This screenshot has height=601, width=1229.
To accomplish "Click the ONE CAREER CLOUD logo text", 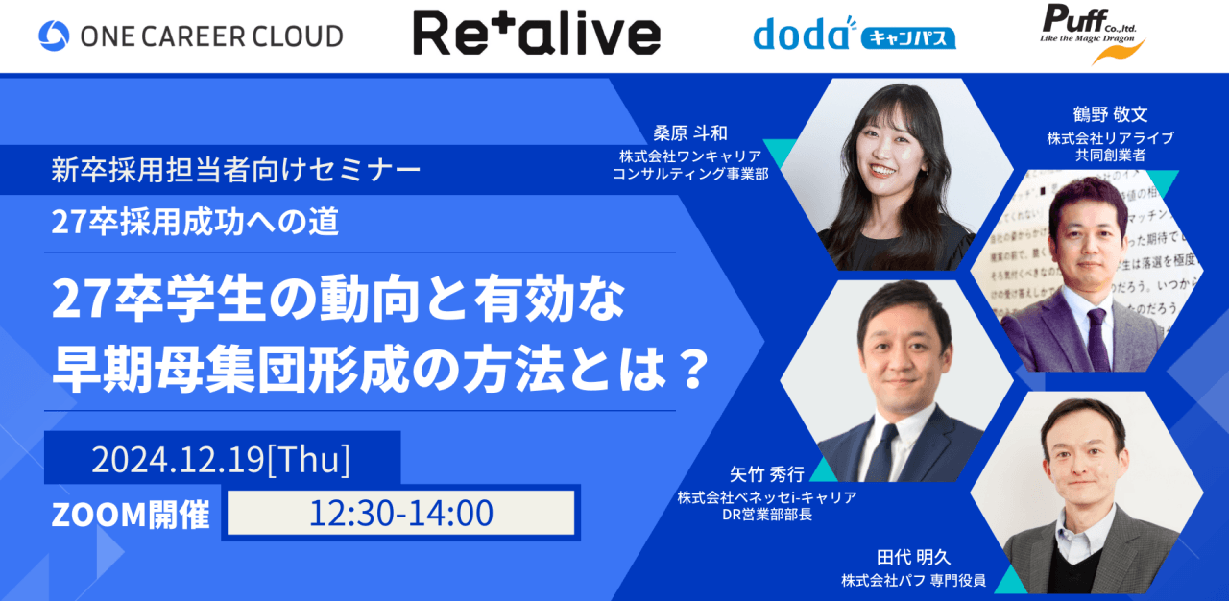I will click(207, 36).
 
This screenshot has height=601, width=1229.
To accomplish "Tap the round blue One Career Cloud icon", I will click(54, 36).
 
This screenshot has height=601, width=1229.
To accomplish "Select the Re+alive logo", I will click(536, 34).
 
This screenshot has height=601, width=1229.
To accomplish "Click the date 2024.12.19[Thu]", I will click(221, 461).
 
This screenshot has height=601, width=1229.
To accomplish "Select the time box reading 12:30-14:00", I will click(400, 513).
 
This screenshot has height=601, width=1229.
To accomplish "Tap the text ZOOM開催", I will click(131, 515).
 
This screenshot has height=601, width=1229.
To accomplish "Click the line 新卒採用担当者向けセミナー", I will click(236, 172).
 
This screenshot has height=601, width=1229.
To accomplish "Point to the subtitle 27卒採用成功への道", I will click(196, 223).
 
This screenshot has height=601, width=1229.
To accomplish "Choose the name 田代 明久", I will click(911, 557).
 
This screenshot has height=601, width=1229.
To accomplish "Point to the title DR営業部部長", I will click(765, 515).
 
